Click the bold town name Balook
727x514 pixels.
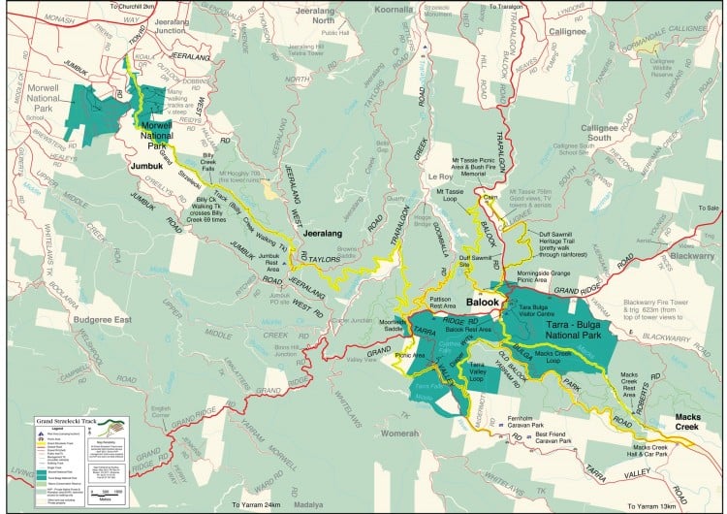click(x=482, y=303)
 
